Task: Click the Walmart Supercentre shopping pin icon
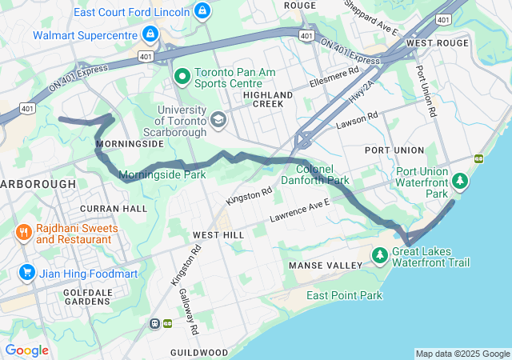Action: click(149, 34)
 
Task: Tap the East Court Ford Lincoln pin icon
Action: click(203, 11)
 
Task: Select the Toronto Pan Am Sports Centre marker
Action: click(182, 77)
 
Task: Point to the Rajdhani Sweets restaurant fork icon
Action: click(25, 233)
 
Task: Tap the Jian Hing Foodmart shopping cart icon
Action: click(27, 273)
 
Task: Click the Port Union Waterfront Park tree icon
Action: click(460, 182)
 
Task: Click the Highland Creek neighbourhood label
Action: click(268, 100)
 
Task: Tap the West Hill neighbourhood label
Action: click(218, 234)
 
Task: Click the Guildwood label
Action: click(199, 352)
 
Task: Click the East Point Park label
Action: click(344, 295)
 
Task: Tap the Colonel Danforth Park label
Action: click(322, 175)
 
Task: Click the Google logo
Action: click(26, 350)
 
